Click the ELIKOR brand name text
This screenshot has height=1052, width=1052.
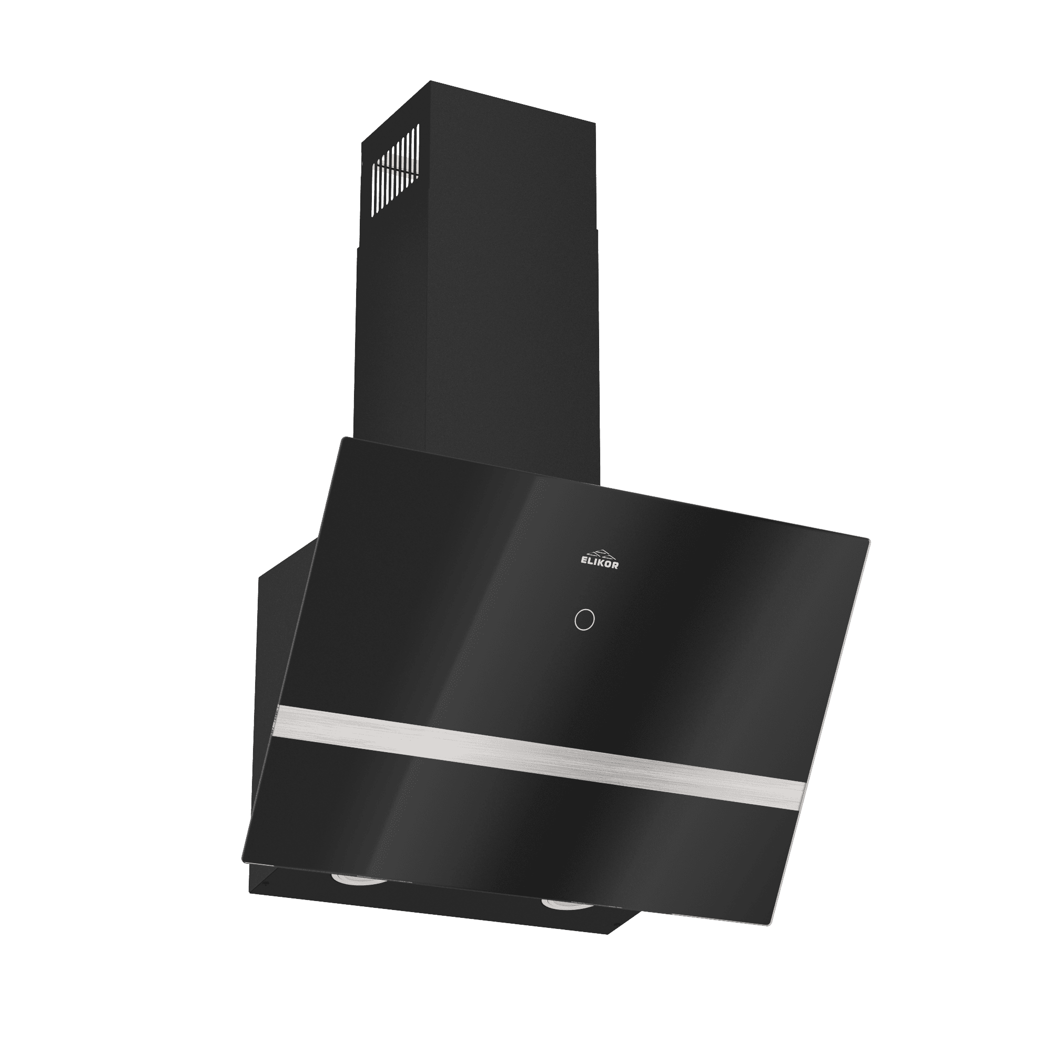[x=598, y=565]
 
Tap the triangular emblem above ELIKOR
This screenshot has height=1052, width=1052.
[x=598, y=552]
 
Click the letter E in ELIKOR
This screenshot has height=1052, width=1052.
[x=581, y=564]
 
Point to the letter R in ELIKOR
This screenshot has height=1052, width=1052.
[x=615, y=567]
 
